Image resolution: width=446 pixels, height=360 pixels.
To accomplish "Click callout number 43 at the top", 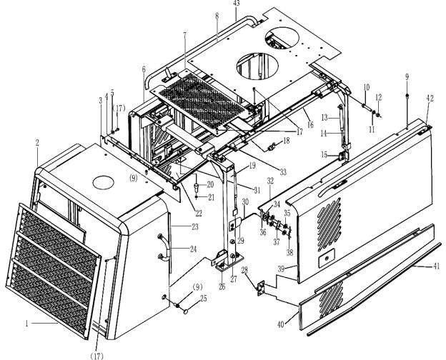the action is (236, 3).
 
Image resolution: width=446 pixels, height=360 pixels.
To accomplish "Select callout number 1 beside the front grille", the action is (26, 324).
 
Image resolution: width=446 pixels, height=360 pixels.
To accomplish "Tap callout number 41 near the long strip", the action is (436, 266).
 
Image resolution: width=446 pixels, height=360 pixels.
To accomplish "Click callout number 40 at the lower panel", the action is (281, 324).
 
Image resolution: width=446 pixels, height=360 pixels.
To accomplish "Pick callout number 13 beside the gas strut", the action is (324, 117).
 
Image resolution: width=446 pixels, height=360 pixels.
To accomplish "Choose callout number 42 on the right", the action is (430, 99).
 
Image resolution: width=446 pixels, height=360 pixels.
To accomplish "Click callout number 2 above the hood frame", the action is (37, 143).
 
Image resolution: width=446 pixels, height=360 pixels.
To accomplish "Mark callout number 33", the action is (283, 171).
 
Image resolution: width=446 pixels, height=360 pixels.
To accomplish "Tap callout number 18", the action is (286, 140).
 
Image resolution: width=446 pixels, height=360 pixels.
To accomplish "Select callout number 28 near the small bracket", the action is (245, 270).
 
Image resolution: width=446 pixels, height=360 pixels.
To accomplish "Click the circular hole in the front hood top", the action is (104, 183).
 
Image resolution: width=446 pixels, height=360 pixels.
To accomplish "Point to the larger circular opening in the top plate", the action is (257, 66).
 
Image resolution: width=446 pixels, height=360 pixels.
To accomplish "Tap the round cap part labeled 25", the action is (186, 311).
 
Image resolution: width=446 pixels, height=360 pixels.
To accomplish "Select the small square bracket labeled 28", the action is (262, 288).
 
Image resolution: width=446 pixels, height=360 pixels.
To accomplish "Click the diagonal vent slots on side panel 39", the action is (329, 224).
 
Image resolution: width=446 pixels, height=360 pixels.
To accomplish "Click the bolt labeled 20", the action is (197, 187).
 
